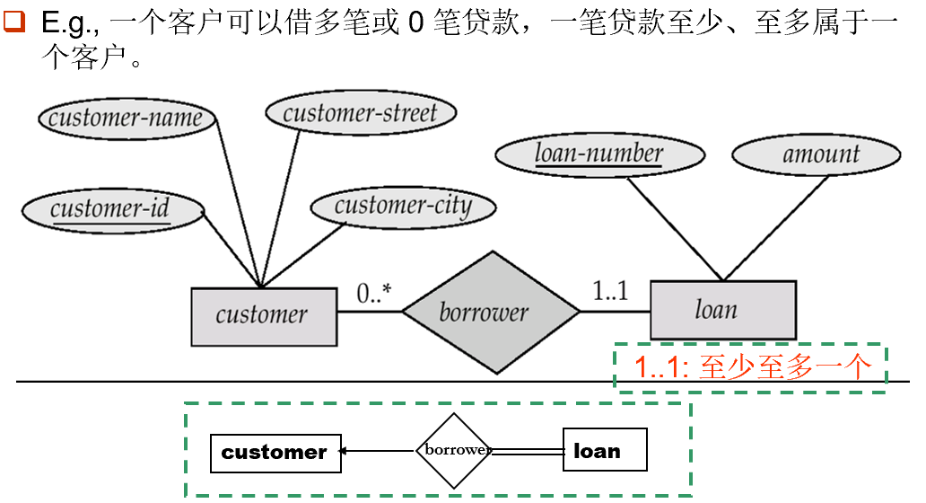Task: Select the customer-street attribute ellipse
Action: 361,113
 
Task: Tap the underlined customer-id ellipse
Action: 111,210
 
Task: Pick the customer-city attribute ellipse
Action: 403,207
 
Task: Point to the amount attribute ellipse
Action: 816,154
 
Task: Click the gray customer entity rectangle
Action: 264,315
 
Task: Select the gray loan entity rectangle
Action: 722,311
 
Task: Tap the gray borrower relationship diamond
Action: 490,312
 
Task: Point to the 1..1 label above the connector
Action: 612,291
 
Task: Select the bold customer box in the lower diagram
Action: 275,452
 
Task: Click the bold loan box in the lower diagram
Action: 604,450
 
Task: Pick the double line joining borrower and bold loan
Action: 529,452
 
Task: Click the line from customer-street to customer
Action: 280,203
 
